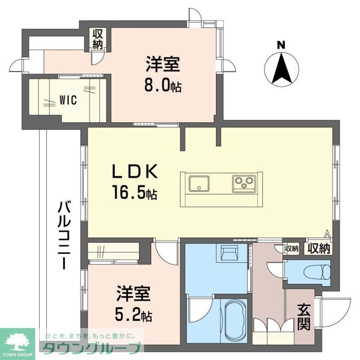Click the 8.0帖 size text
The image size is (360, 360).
click(x=163, y=86)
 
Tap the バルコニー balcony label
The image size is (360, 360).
click(x=64, y=235)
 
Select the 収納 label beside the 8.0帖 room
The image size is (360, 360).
click(x=98, y=39)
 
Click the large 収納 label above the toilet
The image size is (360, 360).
click(x=319, y=248)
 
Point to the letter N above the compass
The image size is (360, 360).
click(x=281, y=45)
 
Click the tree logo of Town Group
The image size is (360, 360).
click(x=17, y=340)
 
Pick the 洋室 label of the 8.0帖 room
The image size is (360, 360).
click(x=163, y=65)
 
